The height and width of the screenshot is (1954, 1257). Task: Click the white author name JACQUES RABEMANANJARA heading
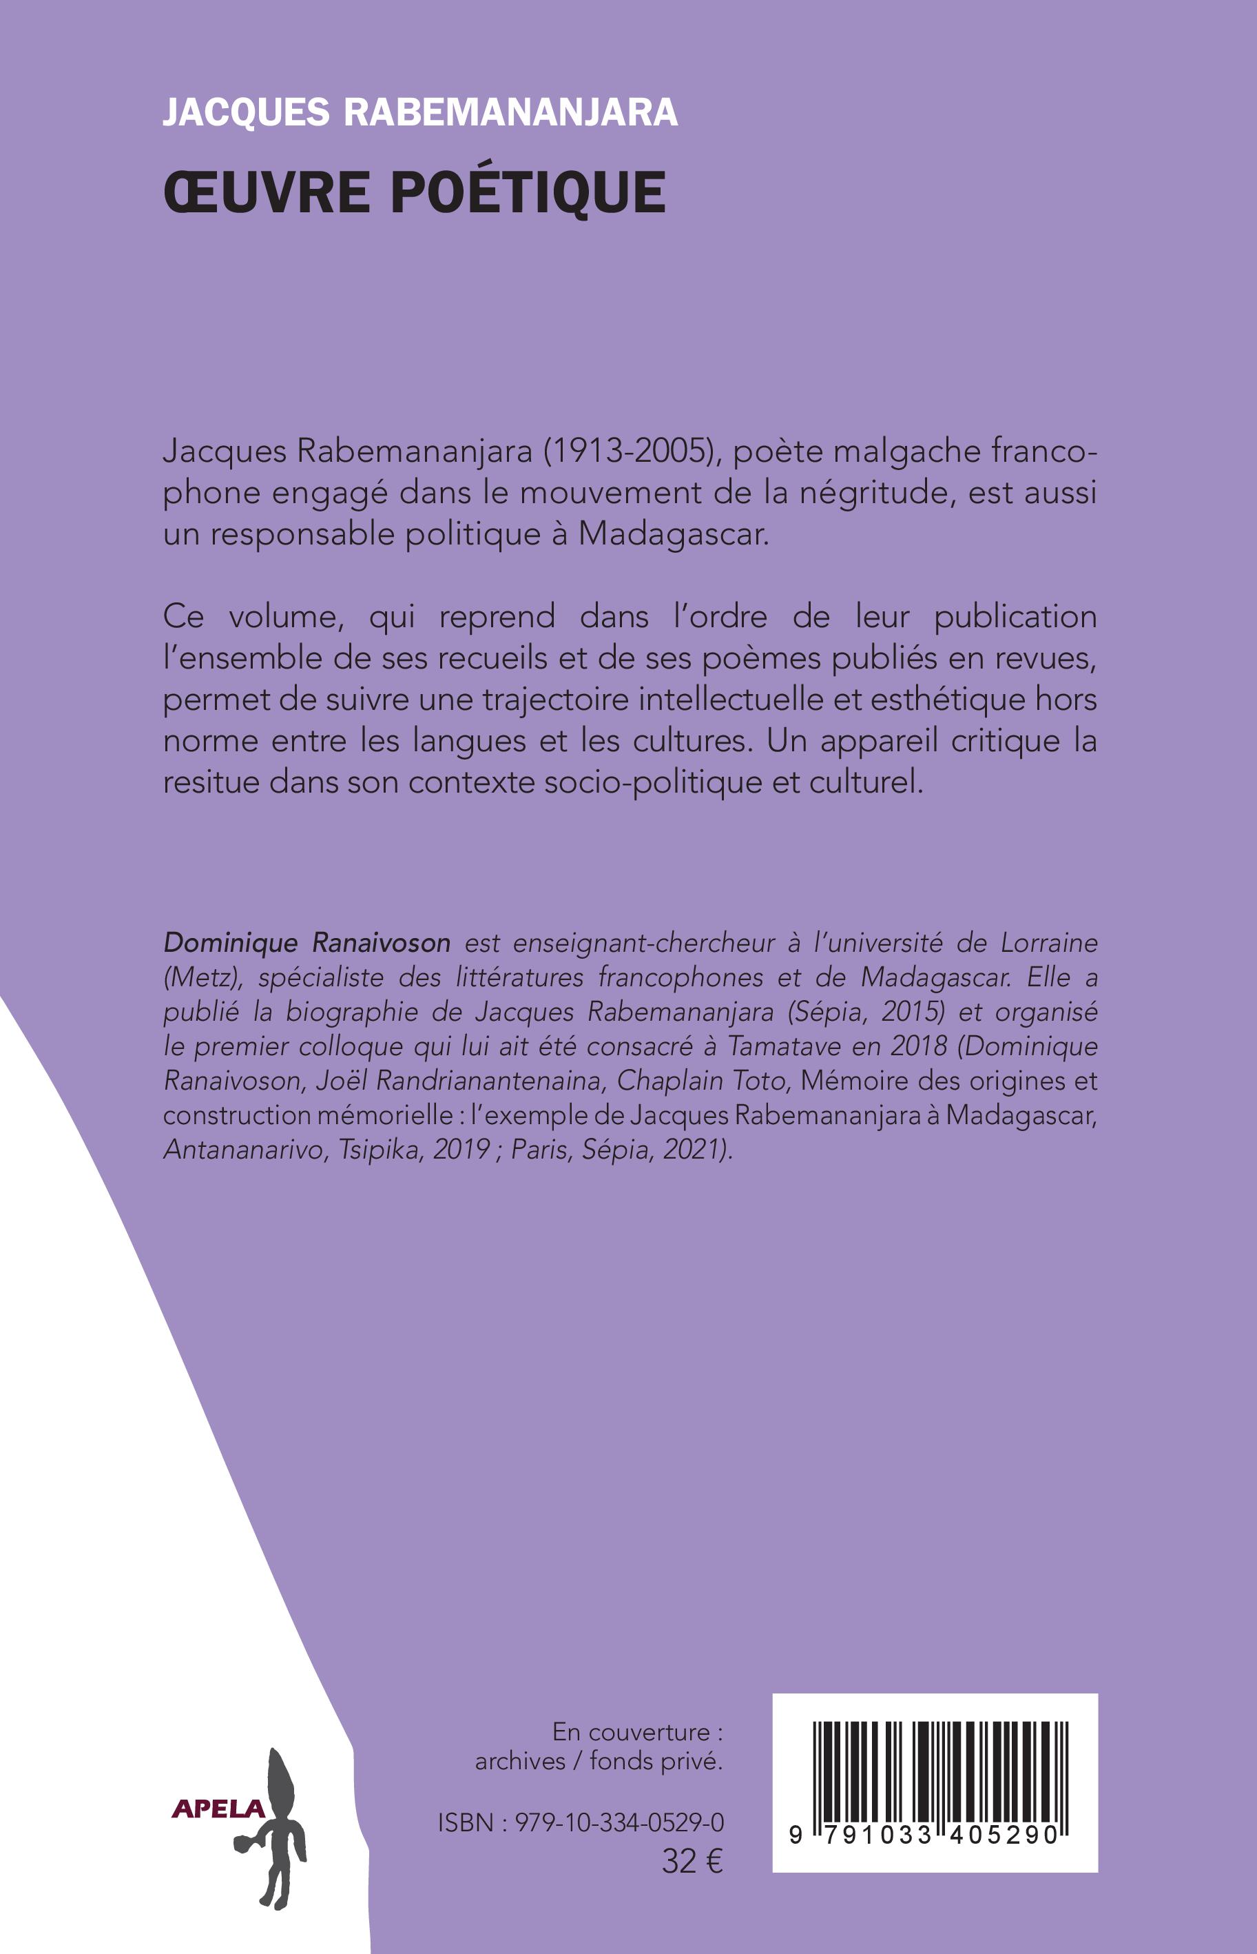(x=419, y=112)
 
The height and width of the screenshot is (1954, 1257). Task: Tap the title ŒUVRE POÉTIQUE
(x=415, y=193)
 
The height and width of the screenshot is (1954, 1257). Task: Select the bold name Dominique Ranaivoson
(x=307, y=943)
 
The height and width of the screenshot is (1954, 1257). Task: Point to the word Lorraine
(x=1049, y=943)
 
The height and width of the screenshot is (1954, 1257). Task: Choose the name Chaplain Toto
(x=701, y=1080)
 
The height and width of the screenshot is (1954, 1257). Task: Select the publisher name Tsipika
(x=375, y=1149)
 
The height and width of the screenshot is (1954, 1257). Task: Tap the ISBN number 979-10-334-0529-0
(x=619, y=1822)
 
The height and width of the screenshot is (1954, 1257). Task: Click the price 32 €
(x=692, y=1862)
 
